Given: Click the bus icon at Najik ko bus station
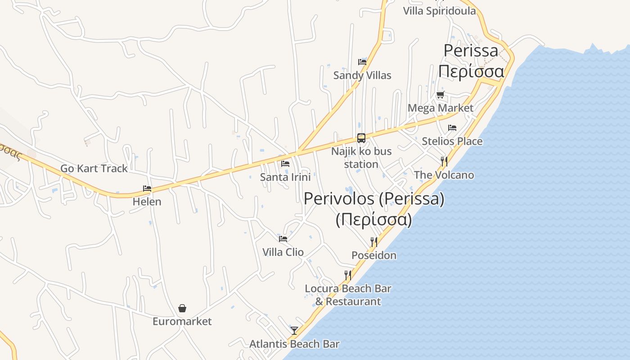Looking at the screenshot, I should coord(361,138).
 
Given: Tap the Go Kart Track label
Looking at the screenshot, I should coord(94,169).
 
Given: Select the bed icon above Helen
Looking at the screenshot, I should coord(147,189).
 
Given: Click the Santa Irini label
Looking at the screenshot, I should coord(285,177).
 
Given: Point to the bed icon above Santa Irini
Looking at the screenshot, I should coord(285,164).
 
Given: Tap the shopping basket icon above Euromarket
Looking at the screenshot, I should coord(182,308).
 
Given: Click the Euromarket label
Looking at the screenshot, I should coord(182,321).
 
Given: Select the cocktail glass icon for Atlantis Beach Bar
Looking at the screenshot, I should coord(294,331).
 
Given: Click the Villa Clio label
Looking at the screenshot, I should coord(283,252).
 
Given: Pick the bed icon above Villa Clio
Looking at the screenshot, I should coord(283,238).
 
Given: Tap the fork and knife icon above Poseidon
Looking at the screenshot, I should coord(373,242).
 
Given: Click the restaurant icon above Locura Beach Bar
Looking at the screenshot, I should coord(347,275).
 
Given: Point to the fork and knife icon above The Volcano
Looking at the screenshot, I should coord(444,162).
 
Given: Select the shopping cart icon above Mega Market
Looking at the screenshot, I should coord(440,94).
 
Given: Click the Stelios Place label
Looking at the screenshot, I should coord(452,141).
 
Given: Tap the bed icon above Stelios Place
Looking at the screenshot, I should coord(452,128).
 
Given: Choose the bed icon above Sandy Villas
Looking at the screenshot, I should coord(362,62).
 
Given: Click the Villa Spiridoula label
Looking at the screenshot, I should coord(439,11).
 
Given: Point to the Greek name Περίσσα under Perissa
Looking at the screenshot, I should coord(471,71).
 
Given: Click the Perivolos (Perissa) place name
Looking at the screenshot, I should coord(374,199).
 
